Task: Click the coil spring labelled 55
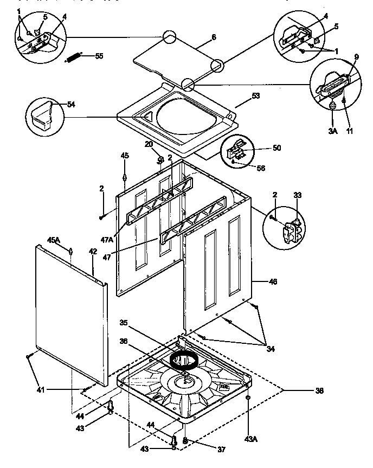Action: [74, 56]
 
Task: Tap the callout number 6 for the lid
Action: [213, 37]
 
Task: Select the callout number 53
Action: [256, 96]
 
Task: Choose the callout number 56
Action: [261, 168]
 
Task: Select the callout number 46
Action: [273, 281]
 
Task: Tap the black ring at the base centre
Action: [183, 360]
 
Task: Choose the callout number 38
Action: [319, 389]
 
